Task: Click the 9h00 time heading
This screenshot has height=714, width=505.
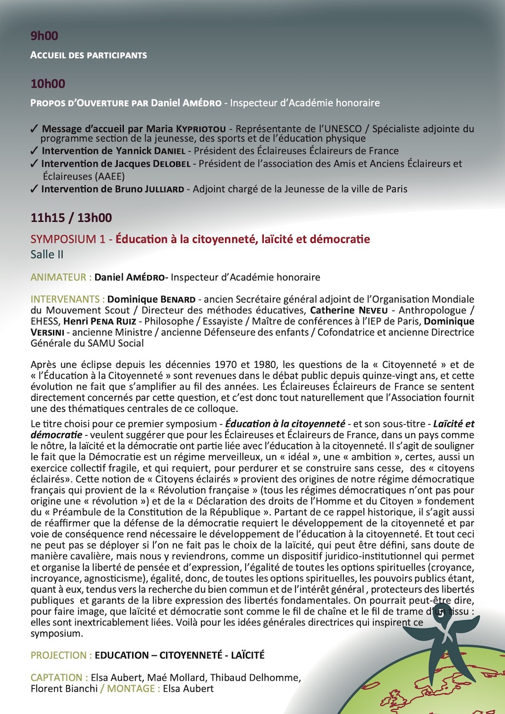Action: coord(45,36)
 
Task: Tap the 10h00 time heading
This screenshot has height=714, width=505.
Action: coord(47,84)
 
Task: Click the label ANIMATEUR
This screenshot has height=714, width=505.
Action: coord(61,277)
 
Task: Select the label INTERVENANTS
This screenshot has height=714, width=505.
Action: coord(67,298)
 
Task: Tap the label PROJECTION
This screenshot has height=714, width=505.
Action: coord(61,655)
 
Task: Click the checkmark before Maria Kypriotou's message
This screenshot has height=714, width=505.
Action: coord(35,129)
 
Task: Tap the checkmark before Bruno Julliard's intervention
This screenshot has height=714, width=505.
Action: coord(35,189)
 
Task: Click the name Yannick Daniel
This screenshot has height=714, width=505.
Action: coord(158,151)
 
